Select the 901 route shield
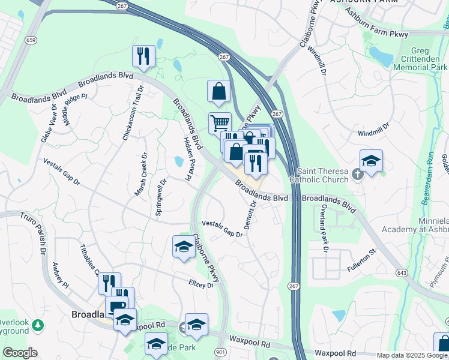220,352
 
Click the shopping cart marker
220,123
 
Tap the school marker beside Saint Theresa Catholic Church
371,161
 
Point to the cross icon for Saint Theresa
358,175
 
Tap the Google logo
19,353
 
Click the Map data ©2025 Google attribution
411,355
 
